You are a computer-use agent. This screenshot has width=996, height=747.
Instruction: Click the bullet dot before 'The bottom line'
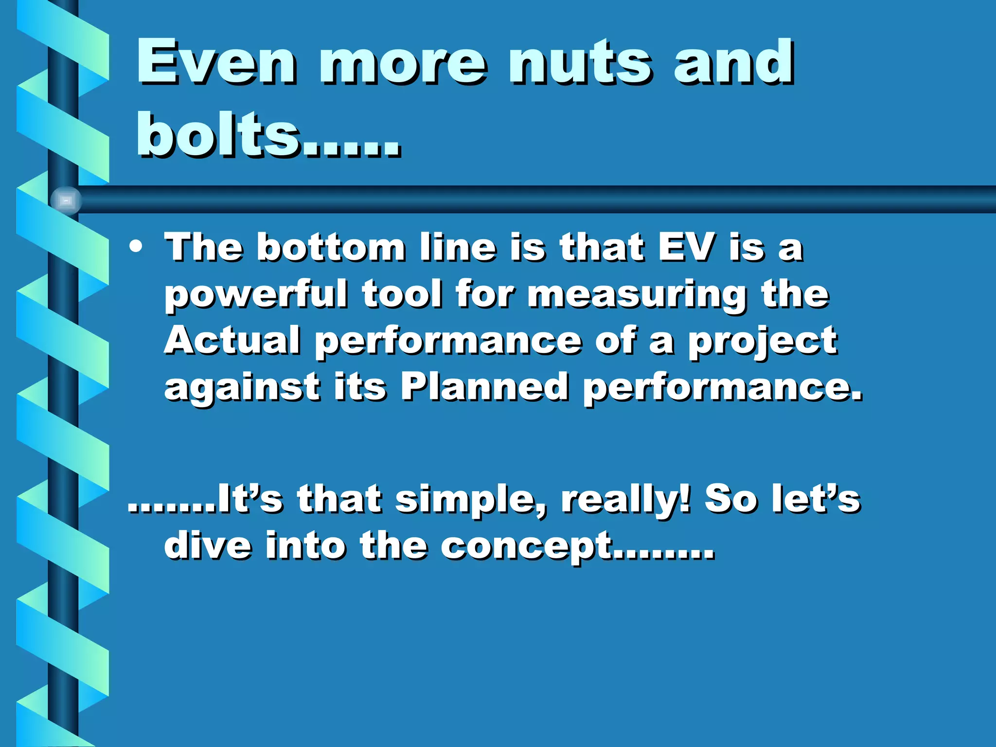coord(136,247)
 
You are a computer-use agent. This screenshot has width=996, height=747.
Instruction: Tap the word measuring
coord(637,295)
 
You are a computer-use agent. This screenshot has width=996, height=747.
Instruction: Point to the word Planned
coord(484,387)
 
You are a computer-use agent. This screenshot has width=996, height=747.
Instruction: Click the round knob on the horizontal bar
coord(66,200)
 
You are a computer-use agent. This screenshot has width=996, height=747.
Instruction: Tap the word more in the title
coord(402,63)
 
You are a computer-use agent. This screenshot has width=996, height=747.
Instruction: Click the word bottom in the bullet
coord(331,247)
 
